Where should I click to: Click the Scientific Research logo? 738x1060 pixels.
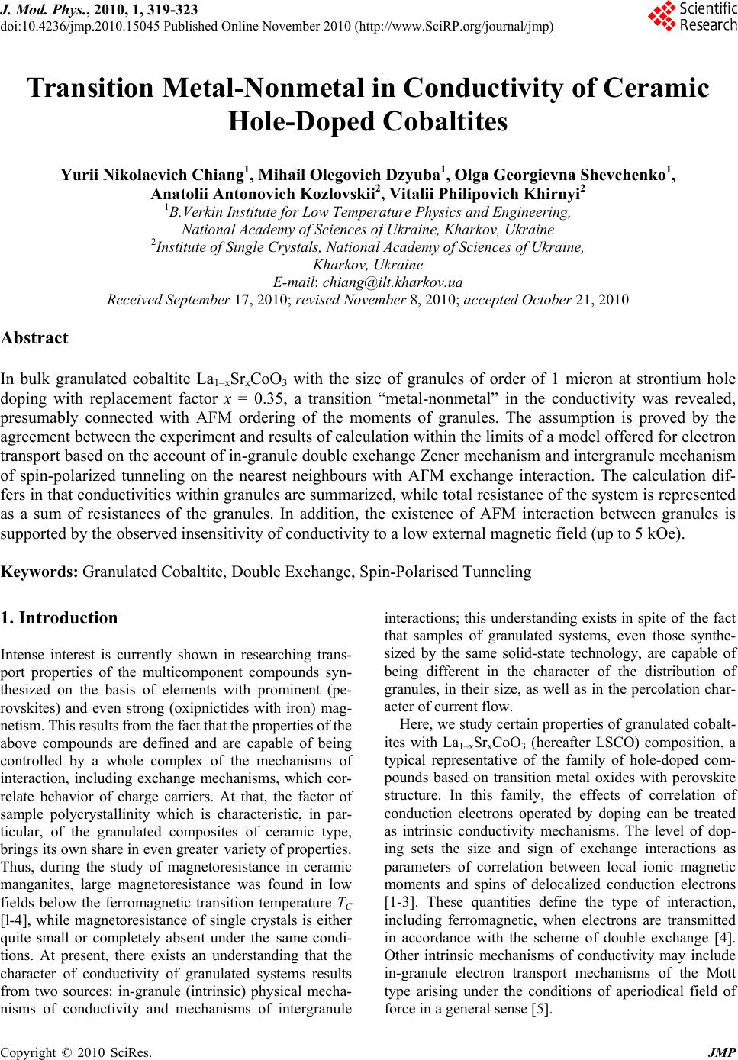pyautogui.click(x=691, y=17)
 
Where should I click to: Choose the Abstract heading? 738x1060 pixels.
pyautogui.click(x=35, y=337)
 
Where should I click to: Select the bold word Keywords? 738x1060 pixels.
pyautogui.click(x=40, y=571)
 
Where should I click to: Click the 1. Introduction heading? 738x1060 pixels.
pyautogui.click(x=60, y=617)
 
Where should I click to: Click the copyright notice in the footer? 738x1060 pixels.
pyautogui.click(x=76, y=1052)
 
